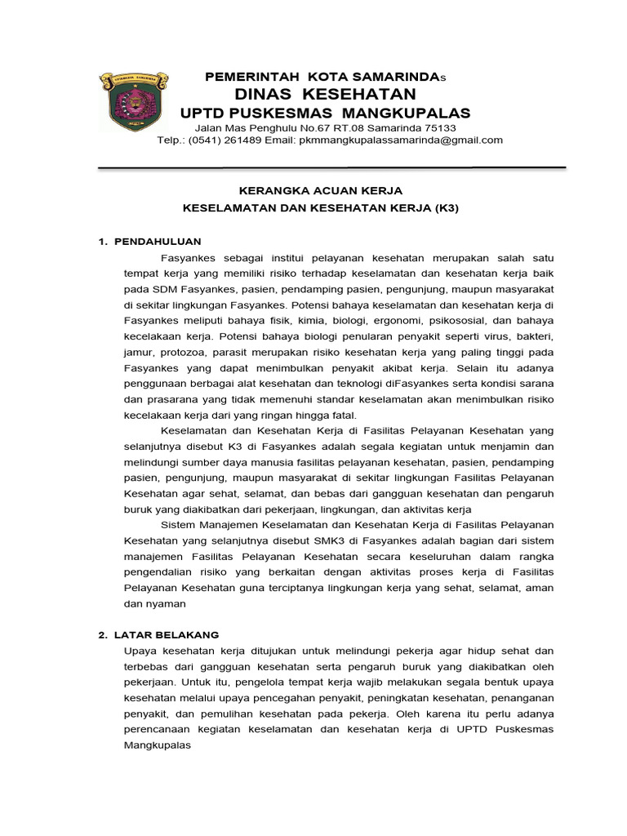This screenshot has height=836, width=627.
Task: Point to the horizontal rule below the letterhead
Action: [331, 168]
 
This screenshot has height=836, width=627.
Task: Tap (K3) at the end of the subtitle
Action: [445, 207]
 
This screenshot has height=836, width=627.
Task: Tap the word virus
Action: [496, 336]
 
